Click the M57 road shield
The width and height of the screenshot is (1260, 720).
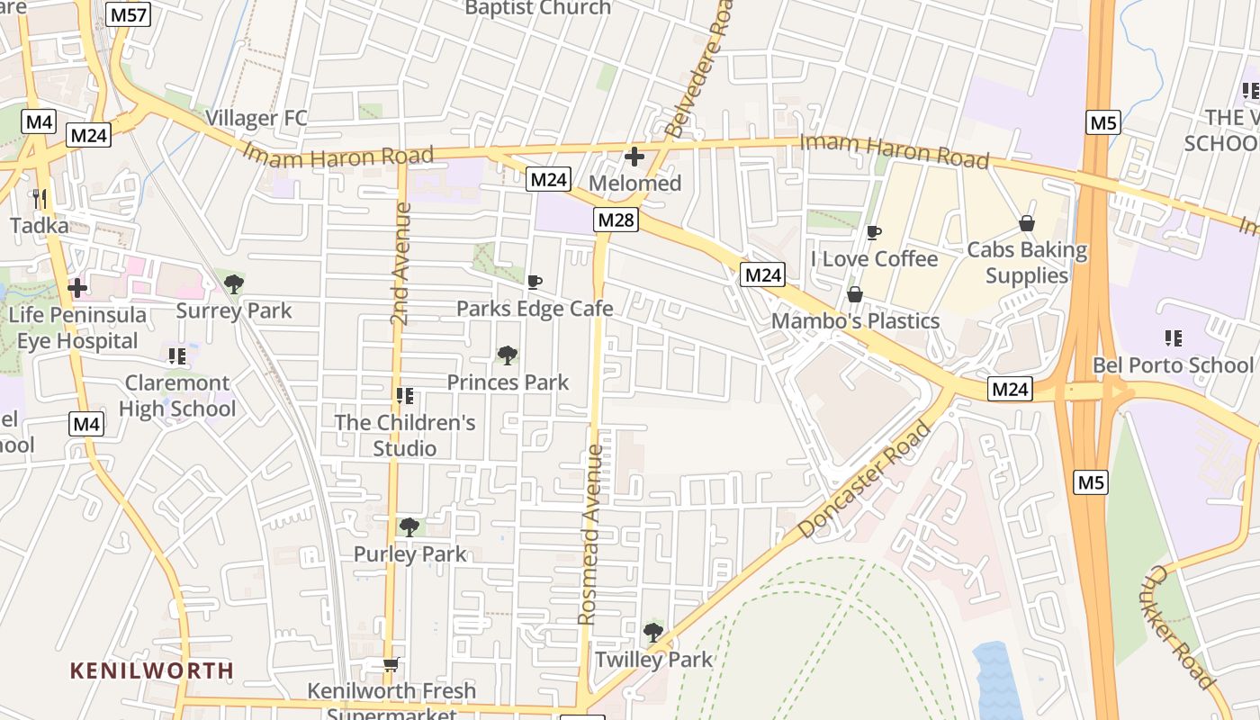[x=127, y=14]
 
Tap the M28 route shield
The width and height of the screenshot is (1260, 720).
[x=616, y=220]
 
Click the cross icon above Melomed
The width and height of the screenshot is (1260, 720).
[x=634, y=157]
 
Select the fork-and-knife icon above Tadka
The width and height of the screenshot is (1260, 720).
[x=39, y=197]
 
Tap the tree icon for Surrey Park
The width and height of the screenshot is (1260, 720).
[x=234, y=284]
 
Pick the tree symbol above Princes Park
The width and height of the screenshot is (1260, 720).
[x=508, y=355]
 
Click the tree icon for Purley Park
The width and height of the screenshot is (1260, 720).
[x=409, y=526]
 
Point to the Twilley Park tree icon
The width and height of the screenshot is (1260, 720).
[x=653, y=633]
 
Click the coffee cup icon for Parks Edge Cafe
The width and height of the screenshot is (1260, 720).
[x=535, y=282]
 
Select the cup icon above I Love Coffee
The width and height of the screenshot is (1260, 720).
[x=873, y=232]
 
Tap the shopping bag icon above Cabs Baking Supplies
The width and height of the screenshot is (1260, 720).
[x=1027, y=223]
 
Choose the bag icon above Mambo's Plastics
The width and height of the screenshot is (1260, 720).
[x=855, y=294]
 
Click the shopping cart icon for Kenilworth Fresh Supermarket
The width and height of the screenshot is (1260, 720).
[x=391, y=665]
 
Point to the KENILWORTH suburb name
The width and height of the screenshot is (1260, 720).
[x=152, y=670]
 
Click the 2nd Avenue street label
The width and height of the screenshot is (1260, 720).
[x=401, y=264]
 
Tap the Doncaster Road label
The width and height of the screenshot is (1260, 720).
[x=864, y=481]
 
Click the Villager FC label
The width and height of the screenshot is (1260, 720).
[x=256, y=118]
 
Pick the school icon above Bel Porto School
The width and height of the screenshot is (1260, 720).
[x=1173, y=338]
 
